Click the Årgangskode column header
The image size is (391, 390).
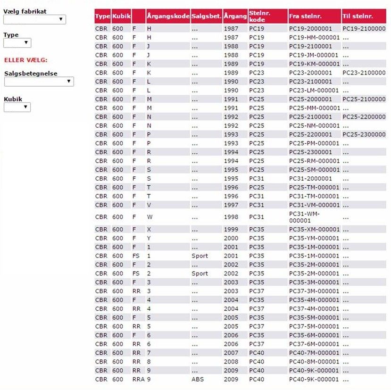pos(167,17)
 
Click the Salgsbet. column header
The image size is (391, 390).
pos(207,17)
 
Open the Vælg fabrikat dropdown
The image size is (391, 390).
pos(34,20)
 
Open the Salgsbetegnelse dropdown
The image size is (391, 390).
pos(39,82)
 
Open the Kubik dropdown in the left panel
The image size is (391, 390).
pos(17,108)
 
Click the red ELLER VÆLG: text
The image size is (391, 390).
pos(25,60)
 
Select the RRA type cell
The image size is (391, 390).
pos(138,380)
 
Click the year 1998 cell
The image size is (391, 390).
pos(231,217)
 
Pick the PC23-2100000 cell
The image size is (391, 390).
pos(364,73)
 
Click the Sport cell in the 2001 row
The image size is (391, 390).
pos(200,256)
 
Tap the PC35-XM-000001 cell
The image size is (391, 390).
pos(314,230)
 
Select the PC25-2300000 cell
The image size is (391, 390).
pos(364,135)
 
